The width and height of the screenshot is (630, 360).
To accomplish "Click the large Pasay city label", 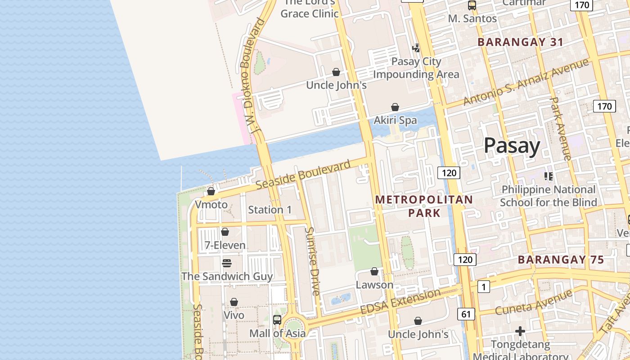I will [x=512, y=146].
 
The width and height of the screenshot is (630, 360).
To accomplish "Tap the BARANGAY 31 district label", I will [x=520, y=42].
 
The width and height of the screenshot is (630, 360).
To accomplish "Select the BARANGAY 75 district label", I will [x=561, y=260].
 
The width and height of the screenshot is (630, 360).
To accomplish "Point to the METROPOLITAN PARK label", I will [x=424, y=206].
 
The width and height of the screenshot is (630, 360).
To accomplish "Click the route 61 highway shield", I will [x=465, y=314].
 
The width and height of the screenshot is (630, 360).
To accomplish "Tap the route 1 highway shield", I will [x=483, y=287].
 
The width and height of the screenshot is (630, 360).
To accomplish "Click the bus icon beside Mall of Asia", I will [x=277, y=320].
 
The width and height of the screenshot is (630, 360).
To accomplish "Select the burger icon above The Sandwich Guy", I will [x=227, y=263].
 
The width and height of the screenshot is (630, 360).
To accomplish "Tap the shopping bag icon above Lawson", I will [x=374, y=271].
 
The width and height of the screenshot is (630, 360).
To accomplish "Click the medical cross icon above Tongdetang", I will [x=520, y=332].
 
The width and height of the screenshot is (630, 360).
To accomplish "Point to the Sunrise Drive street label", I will [x=312, y=261].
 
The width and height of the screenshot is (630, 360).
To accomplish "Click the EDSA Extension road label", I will [x=400, y=302].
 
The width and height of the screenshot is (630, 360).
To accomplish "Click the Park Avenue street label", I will [x=561, y=128].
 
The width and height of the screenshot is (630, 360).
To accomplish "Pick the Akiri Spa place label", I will [x=395, y=121].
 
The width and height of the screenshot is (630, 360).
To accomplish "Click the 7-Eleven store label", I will [x=225, y=245].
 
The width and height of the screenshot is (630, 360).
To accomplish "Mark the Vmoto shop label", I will [x=211, y=205].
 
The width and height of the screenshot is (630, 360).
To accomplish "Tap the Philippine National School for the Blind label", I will [x=548, y=196].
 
